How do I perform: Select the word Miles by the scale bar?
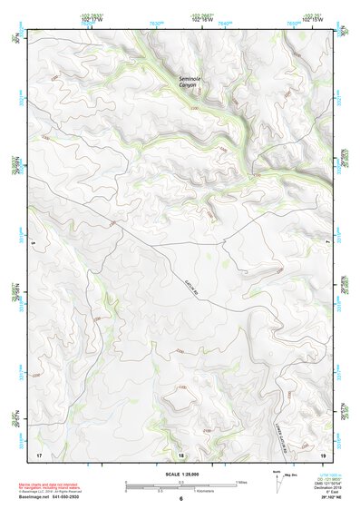click(241, 481)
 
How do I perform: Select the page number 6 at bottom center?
click(180, 499)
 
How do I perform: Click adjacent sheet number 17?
click(39, 453)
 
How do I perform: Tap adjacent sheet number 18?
click(180, 453)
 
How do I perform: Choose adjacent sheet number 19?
click(323, 453)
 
